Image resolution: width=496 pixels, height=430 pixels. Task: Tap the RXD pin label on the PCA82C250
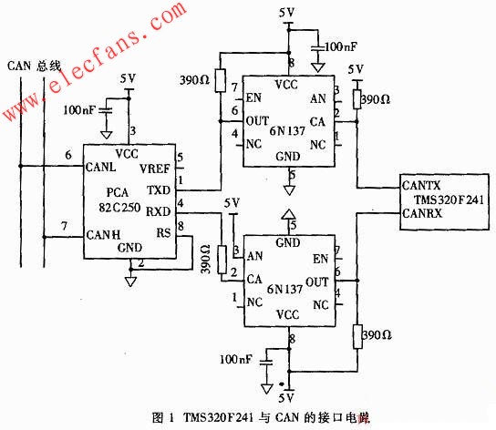158,211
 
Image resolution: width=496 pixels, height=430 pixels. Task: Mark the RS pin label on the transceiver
163,231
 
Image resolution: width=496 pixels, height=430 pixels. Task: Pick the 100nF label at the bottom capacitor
236,361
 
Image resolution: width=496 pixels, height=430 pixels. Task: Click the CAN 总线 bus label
34,65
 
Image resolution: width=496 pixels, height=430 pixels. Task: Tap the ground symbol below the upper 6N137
291,189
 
